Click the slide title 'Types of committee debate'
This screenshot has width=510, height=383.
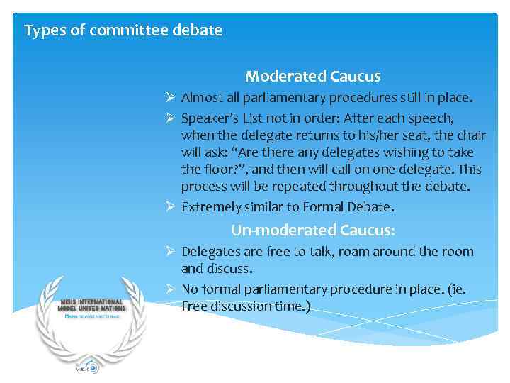[123, 30]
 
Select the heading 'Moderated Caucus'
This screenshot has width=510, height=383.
[313, 76]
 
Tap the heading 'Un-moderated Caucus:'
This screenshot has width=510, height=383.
[313, 231]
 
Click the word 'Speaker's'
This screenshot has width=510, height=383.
[208, 116]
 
